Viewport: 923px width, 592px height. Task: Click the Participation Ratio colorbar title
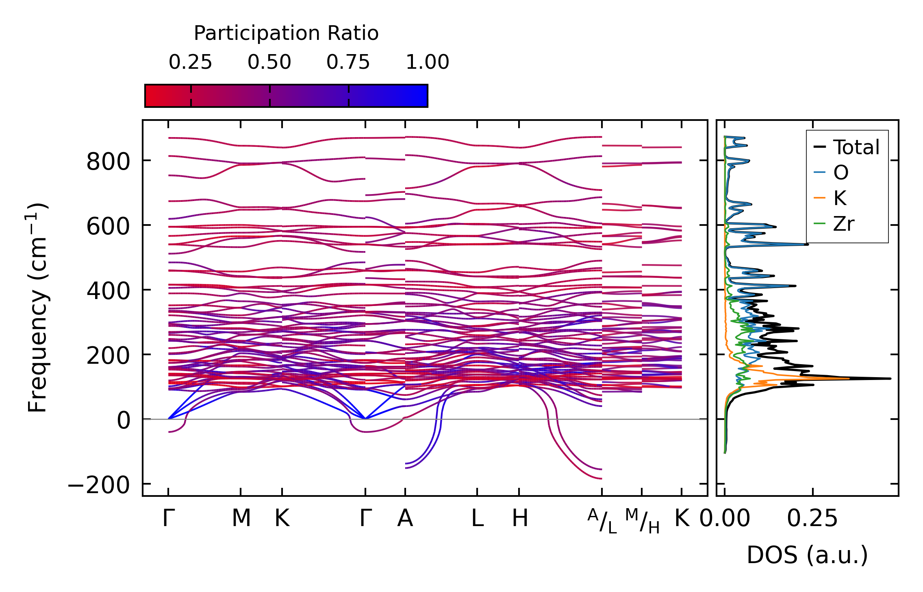click(x=286, y=33)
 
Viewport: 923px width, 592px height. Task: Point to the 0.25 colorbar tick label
click(x=190, y=62)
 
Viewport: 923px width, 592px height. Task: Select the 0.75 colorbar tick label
click(x=348, y=62)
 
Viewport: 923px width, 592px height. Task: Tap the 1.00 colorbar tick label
click(x=427, y=62)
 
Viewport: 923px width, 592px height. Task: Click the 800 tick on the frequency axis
click(x=108, y=162)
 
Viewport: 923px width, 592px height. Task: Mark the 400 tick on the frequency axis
click(x=108, y=291)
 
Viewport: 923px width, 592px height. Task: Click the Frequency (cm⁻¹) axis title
click(x=37, y=308)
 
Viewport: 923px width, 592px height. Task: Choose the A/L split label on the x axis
click(x=602, y=521)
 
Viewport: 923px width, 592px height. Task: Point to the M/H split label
click(x=642, y=521)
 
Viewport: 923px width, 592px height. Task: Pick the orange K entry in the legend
click(x=840, y=198)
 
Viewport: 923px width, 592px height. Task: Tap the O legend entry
click(x=840, y=173)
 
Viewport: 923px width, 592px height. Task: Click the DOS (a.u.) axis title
click(x=807, y=555)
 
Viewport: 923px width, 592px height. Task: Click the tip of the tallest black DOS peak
click(x=890, y=379)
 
